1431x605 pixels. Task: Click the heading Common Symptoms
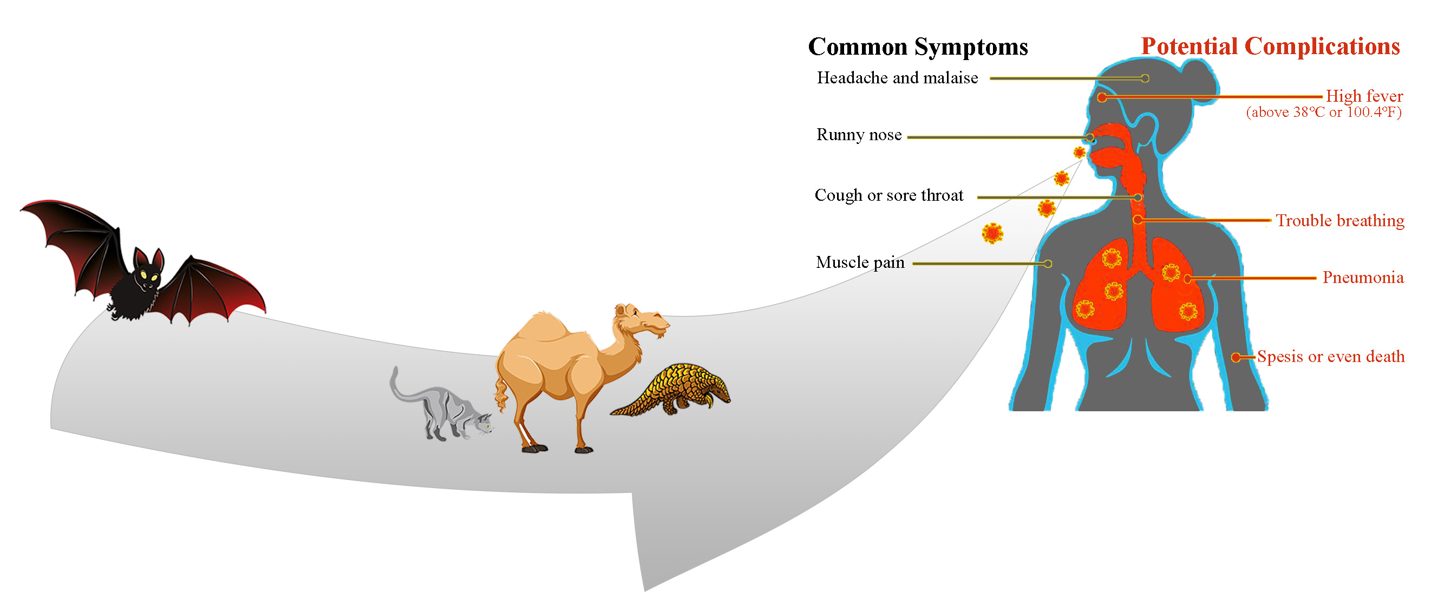[918, 47]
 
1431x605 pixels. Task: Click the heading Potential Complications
[1270, 46]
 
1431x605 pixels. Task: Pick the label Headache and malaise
[897, 78]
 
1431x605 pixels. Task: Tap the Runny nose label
[859, 135]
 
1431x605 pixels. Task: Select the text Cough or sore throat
[889, 195]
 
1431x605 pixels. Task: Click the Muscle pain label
[860, 262]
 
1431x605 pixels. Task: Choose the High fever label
[1364, 96]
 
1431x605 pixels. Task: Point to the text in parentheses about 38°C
[1324, 113]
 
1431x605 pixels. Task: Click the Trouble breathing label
[1340, 221]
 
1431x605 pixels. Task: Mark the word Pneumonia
[1363, 278]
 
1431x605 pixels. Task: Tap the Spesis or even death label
[1331, 356]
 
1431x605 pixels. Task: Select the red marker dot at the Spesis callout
[1236, 358]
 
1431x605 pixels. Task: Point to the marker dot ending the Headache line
[1145, 79]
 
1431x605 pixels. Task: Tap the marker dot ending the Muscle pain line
[1048, 264]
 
